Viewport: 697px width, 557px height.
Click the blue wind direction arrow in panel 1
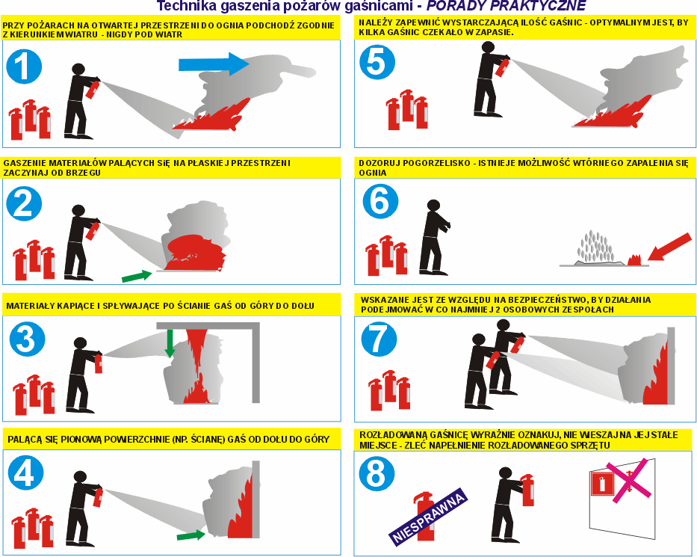[214, 64]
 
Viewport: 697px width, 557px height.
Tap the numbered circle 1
[24, 67]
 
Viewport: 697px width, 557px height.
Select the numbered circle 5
[377, 61]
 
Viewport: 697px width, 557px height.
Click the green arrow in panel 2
[137, 276]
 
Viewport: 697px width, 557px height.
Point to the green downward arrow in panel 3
[170, 343]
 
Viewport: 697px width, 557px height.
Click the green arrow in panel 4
[191, 535]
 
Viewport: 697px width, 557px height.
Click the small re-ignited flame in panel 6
[634, 260]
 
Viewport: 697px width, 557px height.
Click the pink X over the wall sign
[628, 481]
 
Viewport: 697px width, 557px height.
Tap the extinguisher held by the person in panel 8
[527, 490]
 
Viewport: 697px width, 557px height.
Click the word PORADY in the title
[459, 6]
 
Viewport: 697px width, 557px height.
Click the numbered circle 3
[28, 338]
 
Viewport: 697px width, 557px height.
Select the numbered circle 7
[379, 339]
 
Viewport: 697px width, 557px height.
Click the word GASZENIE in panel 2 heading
[25, 163]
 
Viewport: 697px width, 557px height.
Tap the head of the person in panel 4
[81, 477]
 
